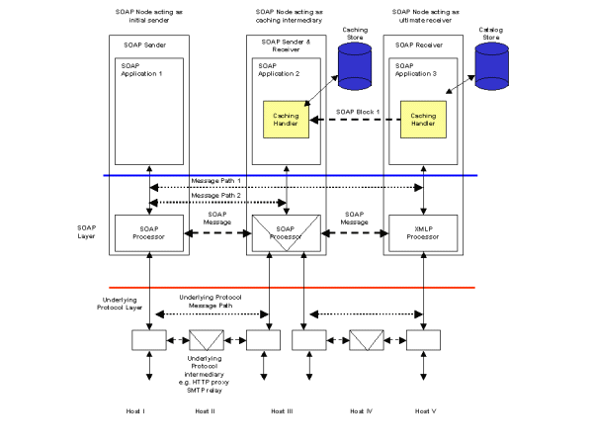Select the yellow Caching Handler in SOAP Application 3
[x=423, y=121]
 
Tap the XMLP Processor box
[x=423, y=233]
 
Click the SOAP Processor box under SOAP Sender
[x=148, y=233]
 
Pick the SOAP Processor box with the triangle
[x=286, y=234]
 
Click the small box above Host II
[x=206, y=340]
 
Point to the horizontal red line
[x=296, y=288]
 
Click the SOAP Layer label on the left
[x=88, y=233]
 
